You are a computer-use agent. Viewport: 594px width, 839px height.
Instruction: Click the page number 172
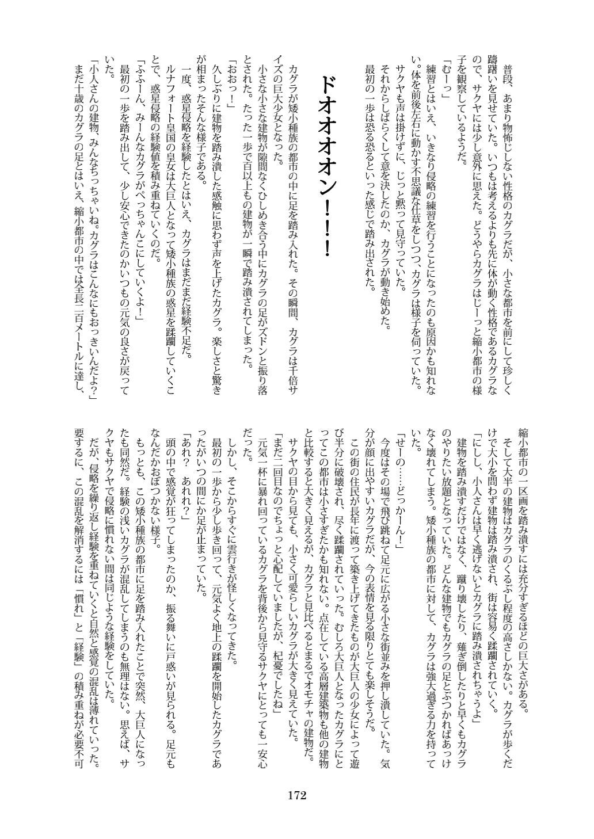coord(296,796)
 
